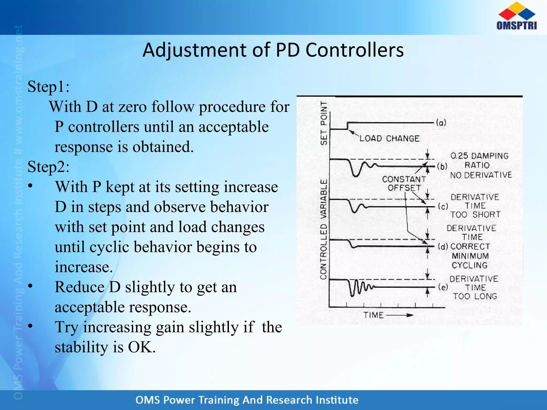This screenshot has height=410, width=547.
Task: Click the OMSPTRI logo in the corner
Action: click(x=517, y=16)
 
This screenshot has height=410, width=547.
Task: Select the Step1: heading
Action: click(x=49, y=86)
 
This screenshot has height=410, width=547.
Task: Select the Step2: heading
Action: click(x=49, y=167)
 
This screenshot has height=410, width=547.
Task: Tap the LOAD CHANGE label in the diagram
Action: click(x=389, y=139)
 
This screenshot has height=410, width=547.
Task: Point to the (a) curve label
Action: click(x=441, y=123)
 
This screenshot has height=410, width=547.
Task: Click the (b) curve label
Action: click(x=442, y=167)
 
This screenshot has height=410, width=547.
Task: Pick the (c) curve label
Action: click(x=443, y=207)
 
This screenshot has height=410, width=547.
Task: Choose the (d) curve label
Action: click(x=443, y=246)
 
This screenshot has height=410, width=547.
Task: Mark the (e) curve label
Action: click(x=443, y=287)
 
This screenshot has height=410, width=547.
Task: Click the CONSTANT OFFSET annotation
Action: click(x=404, y=183)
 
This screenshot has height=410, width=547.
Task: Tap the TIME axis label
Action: click(x=373, y=315)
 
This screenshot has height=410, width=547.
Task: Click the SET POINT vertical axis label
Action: click(x=324, y=123)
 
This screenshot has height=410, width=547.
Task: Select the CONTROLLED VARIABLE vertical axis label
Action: click(x=324, y=229)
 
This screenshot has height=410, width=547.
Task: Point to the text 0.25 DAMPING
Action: click(x=479, y=156)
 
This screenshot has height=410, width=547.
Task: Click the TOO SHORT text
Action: click(x=475, y=215)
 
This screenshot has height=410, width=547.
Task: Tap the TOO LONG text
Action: click(x=475, y=296)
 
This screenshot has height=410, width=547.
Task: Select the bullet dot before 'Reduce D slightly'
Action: click(x=30, y=286)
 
